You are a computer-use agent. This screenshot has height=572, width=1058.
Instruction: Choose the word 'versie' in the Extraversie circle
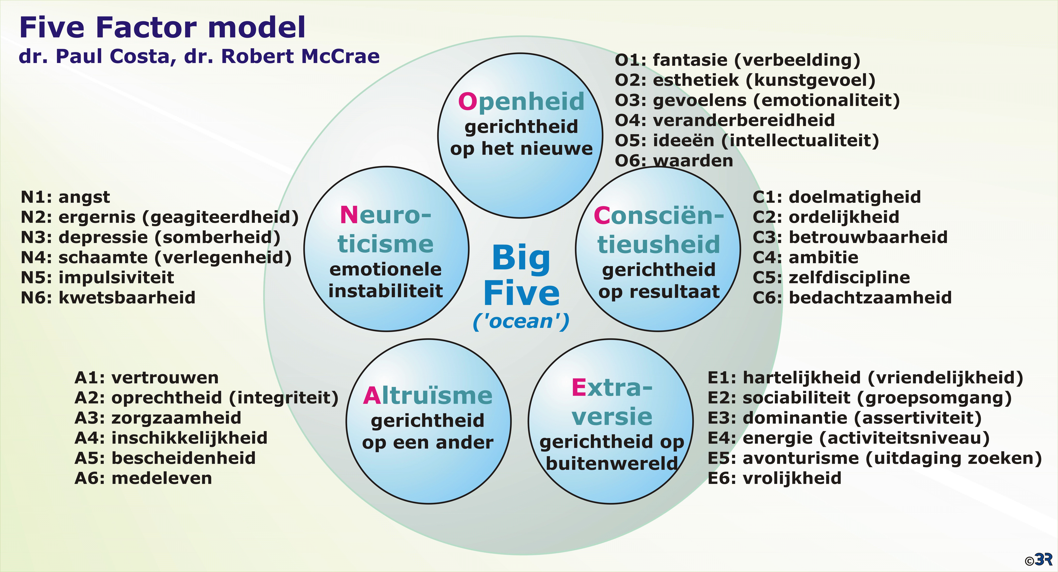(x=612, y=417)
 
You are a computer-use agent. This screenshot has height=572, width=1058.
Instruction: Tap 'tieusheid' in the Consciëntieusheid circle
(x=658, y=245)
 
